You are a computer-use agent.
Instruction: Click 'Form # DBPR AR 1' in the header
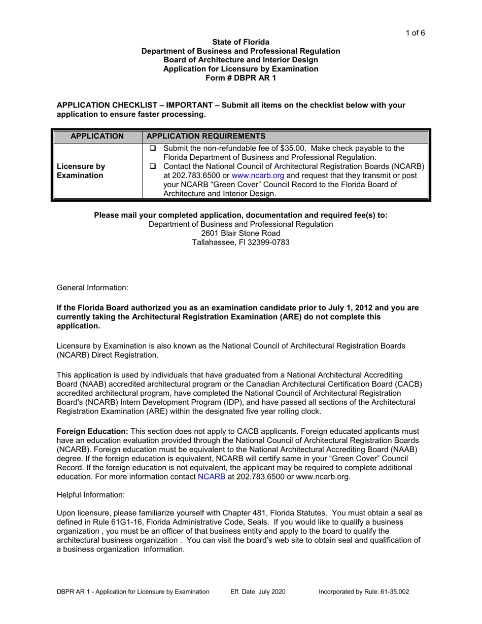coord(240,78)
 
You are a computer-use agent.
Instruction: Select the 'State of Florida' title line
coord(240,42)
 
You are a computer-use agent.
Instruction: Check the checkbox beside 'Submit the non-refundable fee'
coord(153,149)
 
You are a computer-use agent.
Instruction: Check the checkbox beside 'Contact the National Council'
coord(153,166)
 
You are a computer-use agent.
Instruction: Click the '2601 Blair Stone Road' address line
coord(240,233)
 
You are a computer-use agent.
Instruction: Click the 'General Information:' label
coord(92,288)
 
